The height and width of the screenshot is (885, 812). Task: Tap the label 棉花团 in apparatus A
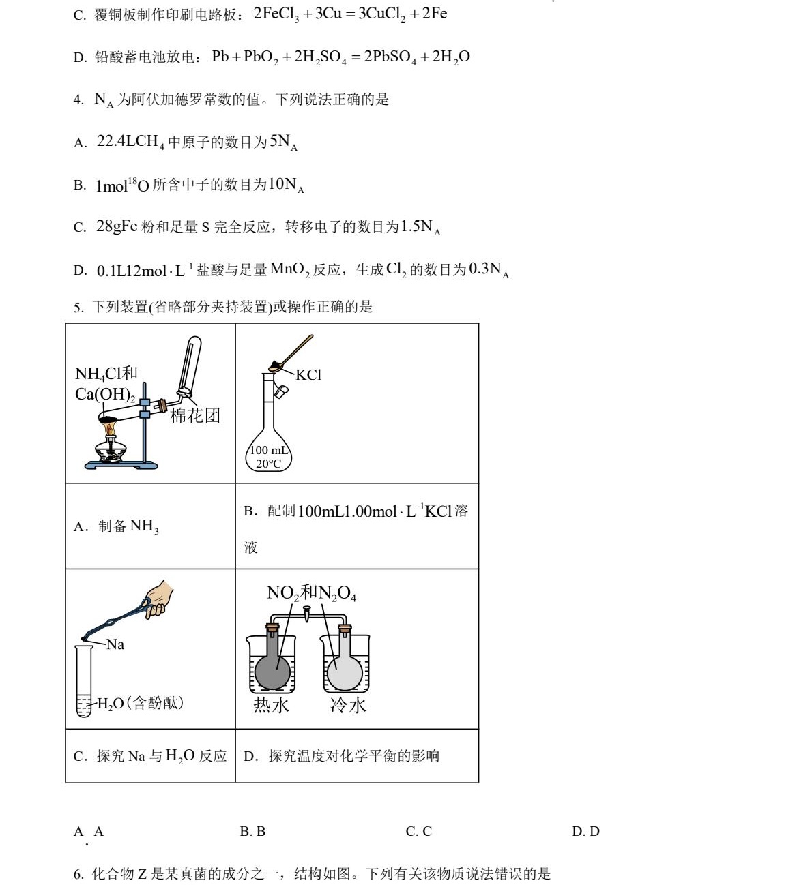(195, 415)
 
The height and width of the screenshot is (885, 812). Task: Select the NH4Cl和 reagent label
(106, 373)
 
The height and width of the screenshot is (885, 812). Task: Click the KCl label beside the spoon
(308, 375)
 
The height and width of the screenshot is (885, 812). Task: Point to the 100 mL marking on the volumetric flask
(268, 450)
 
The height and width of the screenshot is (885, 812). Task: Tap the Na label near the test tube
(115, 644)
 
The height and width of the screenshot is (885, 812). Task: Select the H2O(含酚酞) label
(140, 703)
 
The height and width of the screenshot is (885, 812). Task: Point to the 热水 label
(271, 705)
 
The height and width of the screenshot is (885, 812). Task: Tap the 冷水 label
(348, 705)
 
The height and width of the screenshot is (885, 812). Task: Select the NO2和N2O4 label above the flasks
(311, 592)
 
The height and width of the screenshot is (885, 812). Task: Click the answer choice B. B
(252, 831)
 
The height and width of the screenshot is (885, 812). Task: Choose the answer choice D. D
(585, 831)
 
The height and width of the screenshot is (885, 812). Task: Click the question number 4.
(78, 100)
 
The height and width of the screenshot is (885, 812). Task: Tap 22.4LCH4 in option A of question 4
(130, 142)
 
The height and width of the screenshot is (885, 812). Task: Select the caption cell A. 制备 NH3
(116, 526)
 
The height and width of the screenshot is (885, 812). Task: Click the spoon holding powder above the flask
(291, 353)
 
